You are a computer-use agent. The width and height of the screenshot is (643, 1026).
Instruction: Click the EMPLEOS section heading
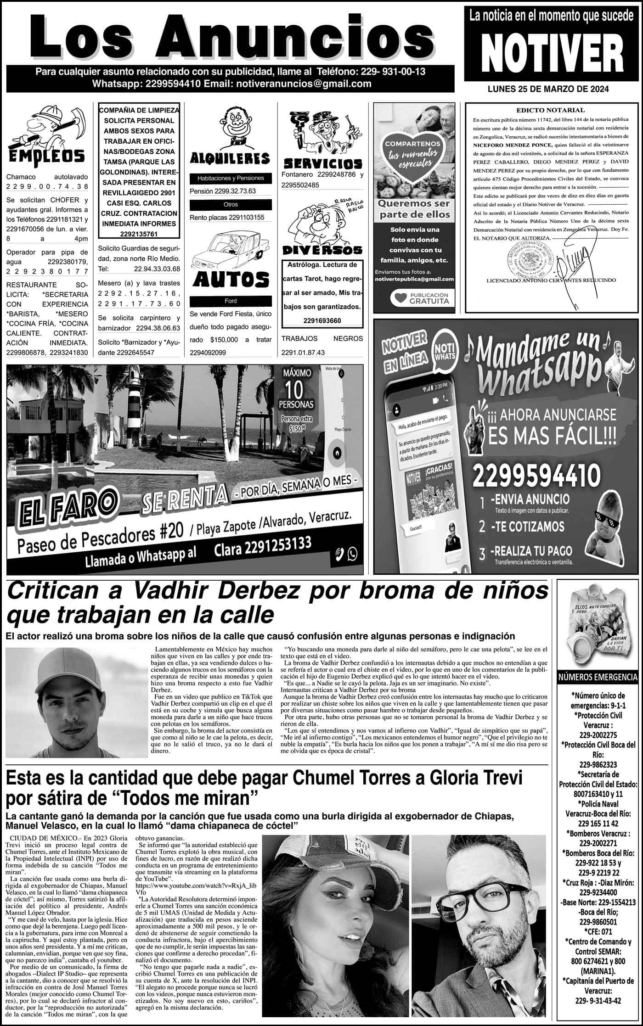[46, 155]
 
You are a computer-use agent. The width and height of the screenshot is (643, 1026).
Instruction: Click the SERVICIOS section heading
[322, 163]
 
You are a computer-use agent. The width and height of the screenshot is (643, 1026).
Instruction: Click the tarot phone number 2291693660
[322, 320]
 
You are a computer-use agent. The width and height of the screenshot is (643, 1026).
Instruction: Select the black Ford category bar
[230, 301]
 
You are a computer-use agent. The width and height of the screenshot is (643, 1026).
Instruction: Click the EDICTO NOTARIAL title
[551, 110]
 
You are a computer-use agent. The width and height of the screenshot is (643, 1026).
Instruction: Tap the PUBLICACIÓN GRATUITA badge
[419, 298]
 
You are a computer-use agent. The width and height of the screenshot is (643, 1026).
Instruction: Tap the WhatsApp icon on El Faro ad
[353, 554]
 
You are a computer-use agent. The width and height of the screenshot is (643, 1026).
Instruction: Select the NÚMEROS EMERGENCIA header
[597, 677]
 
